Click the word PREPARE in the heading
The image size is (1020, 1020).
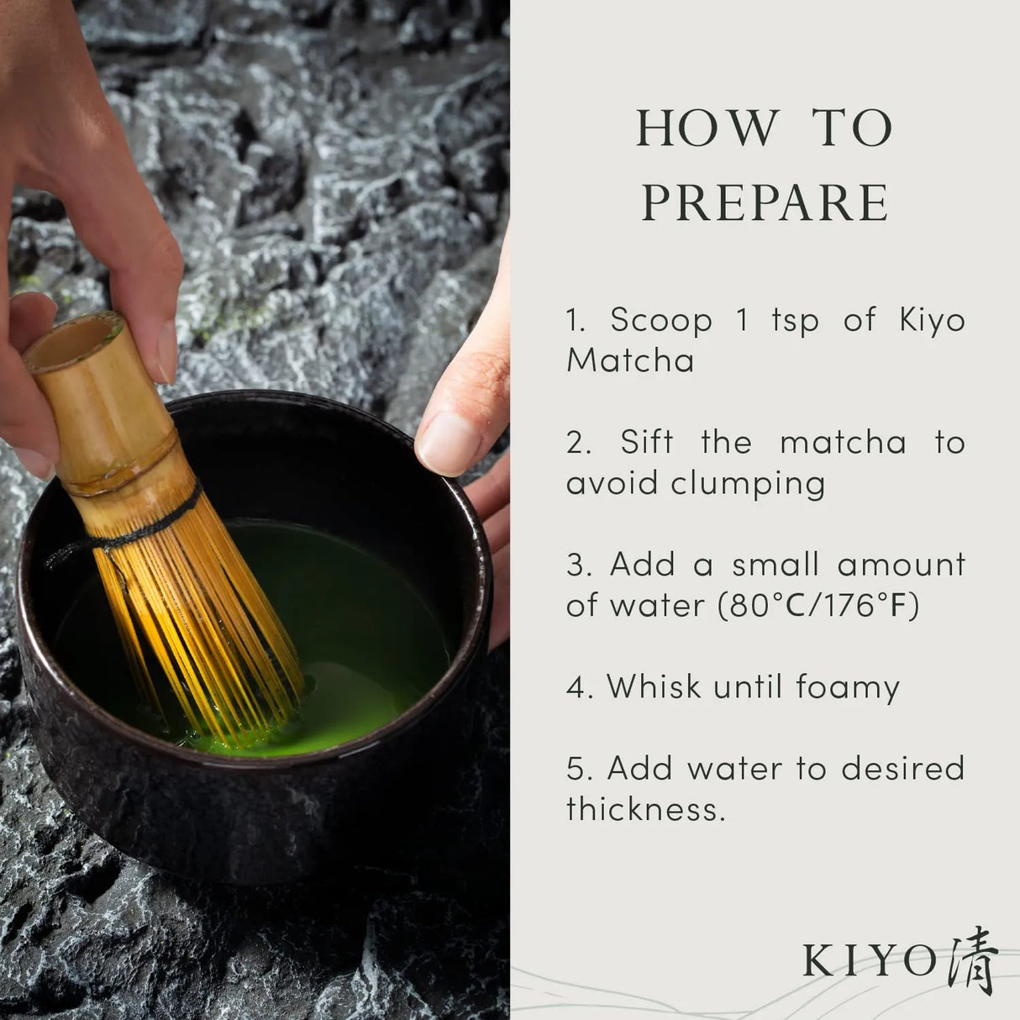click(x=765, y=202)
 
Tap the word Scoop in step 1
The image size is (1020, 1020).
click(x=661, y=320)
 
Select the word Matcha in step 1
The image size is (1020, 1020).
click(x=630, y=360)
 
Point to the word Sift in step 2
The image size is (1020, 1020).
click(x=647, y=442)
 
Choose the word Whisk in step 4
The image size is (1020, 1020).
click(x=655, y=686)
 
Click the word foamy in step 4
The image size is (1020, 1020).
click(x=848, y=688)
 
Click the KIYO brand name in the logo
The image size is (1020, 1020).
click(x=870, y=961)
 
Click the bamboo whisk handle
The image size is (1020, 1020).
click(x=109, y=412)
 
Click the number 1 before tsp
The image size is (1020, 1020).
click(x=741, y=320)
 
